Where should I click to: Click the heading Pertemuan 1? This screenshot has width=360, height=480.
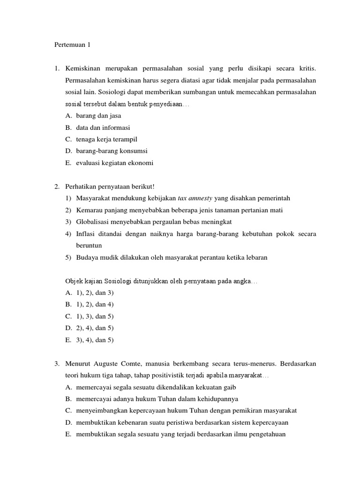[70, 45]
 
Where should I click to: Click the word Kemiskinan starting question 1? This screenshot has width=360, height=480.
[83, 69]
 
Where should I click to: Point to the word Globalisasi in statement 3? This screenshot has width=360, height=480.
[93, 222]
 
